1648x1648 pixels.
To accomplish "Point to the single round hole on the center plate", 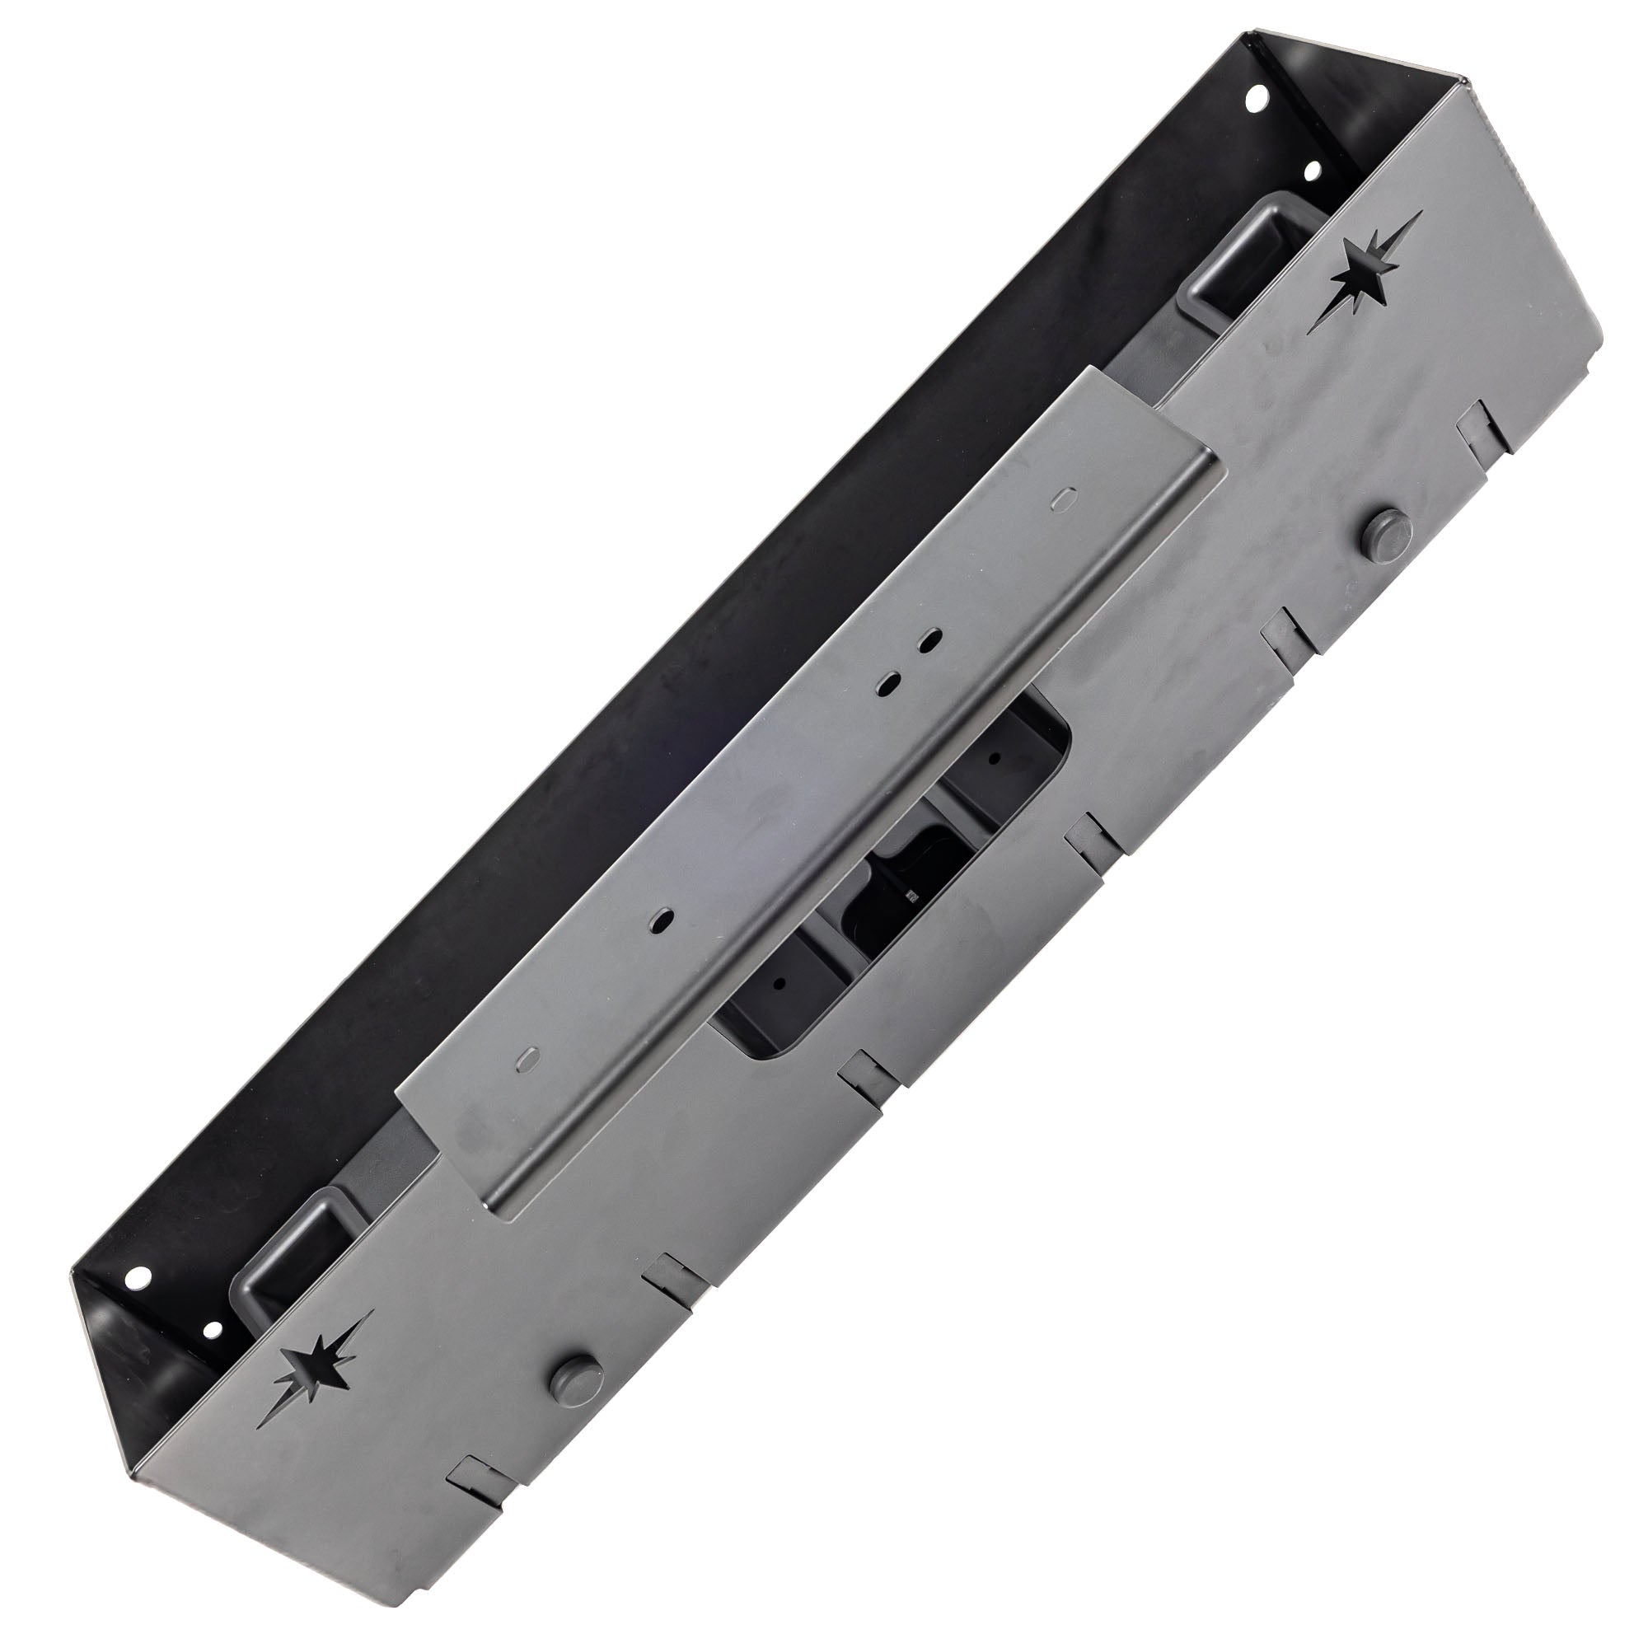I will click(x=661, y=920).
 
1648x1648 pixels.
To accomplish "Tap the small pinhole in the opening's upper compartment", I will click(x=995, y=757).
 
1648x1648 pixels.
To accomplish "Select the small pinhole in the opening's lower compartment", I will click(x=778, y=981).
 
